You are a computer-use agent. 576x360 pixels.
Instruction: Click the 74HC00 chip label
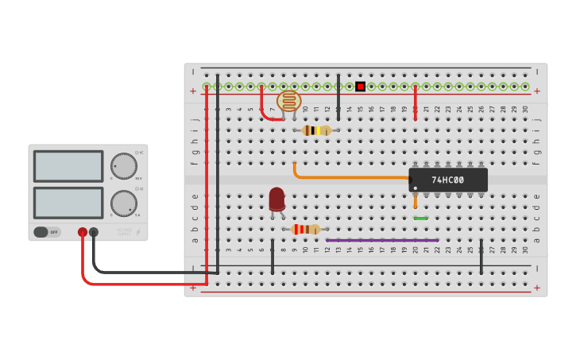pyautogui.click(x=448, y=180)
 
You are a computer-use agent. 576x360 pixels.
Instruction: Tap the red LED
pyautogui.click(x=276, y=199)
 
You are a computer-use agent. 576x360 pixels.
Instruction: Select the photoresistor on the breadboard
pyautogui.click(x=289, y=101)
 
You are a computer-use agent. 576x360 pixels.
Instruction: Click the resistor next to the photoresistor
pyautogui.click(x=317, y=130)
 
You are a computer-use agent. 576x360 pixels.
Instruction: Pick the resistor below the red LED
pyautogui.click(x=305, y=229)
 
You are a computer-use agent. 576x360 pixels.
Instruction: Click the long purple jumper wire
pyautogui.click(x=381, y=240)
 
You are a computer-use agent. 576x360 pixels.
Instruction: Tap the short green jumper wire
pyautogui.click(x=420, y=218)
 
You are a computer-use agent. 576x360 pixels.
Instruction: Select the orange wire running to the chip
pyautogui.click(x=350, y=177)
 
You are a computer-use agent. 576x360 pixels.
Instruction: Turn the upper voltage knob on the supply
pyautogui.click(x=123, y=166)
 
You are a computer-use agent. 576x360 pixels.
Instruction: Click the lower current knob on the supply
pyautogui.click(x=123, y=203)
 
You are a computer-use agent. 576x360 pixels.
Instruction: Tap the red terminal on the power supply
pyautogui.click(x=83, y=232)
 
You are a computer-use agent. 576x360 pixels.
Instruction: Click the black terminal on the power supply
pyautogui.click(x=94, y=232)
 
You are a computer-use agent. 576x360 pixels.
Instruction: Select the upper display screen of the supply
pyautogui.click(x=68, y=166)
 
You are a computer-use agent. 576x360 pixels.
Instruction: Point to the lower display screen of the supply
pyautogui.click(x=68, y=203)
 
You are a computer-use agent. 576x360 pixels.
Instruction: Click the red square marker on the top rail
pyautogui.click(x=360, y=86)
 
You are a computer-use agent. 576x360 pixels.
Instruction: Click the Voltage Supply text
pyautogui.click(x=122, y=233)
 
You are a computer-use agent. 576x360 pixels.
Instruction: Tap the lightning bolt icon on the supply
pyautogui.click(x=138, y=232)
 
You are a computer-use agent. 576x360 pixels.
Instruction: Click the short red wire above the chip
pyautogui.click(x=415, y=103)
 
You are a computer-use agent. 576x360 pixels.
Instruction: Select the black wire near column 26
pyautogui.click(x=481, y=256)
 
